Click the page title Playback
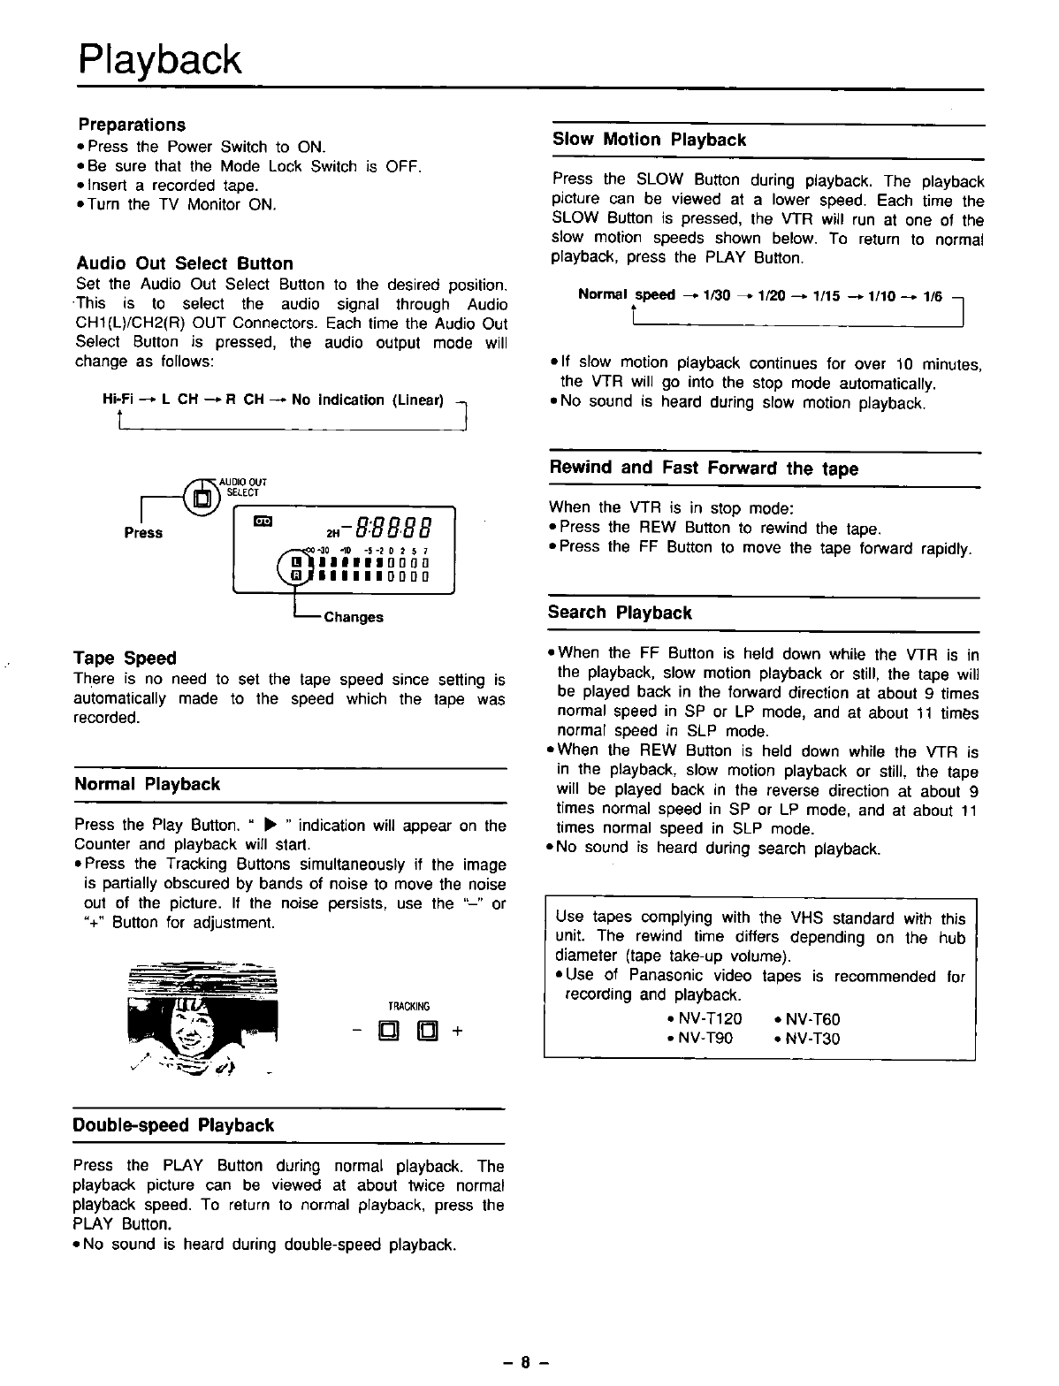click(x=159, y=60)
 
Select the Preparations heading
click(x=132, y=125)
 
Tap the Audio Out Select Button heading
click(x=185, y=263)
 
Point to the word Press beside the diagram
click(x=143, y=532)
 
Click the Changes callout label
click(x=353, y=617)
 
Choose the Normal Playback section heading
click(x=148, y=784)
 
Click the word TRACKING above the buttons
click(x=408, y=1006)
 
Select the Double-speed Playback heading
click(x=174, y=1125)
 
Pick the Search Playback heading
click(x=620, y=613)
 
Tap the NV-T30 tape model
click(x=811, y=1039)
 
